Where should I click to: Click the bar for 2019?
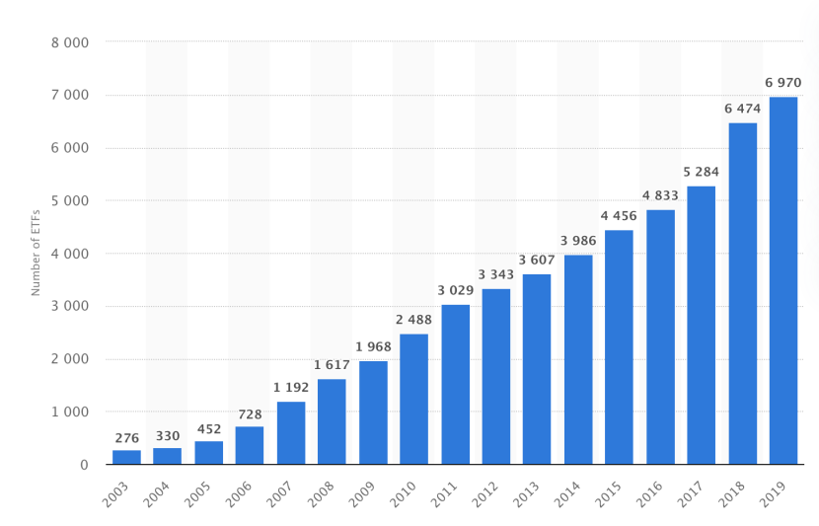(x=783, y=280)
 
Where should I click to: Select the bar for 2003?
(x=126, y=457)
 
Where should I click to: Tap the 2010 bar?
(x=413, y=399)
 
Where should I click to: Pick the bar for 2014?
(x=578, y=359)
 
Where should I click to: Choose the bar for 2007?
(x=291, y=432)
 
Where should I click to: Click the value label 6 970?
(x=783, y=82)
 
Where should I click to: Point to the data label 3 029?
(x=455, y=290)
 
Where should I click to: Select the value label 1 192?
(x=291, y=387)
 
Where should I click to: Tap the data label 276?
(x=126, y=438)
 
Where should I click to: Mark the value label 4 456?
(x=619, y=215)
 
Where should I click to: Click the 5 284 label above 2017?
(x=702, y=172)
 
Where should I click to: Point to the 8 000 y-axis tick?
(x=70, y=43)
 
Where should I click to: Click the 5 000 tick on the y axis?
(x=70, y=201)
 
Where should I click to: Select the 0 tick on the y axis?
(x=84, y=465)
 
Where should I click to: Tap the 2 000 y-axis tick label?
(x=70, y=359)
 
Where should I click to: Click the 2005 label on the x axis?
(x=197, y=493)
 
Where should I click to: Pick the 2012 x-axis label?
(x=485, y=493)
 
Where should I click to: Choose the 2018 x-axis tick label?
(x=732, y=493)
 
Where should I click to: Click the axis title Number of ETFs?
(x=36, y=253)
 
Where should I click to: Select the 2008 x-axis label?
(x=321, y=493)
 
